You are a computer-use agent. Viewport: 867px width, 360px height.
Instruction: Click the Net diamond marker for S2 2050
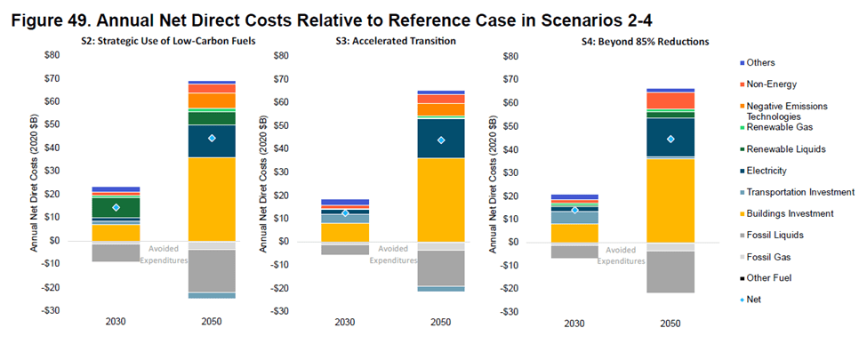click(212, 138)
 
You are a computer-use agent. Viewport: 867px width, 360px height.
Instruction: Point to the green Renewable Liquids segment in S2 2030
click(116, 206)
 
